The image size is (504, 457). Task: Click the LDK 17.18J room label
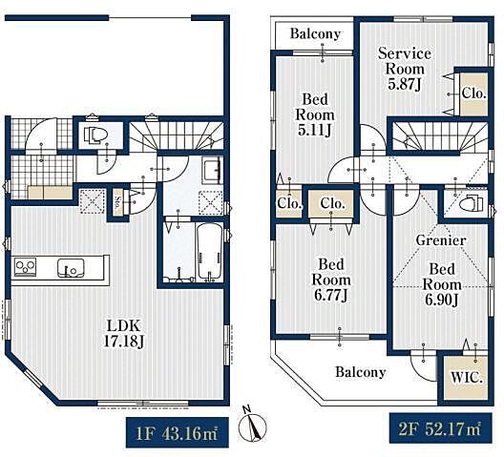pos(124,334)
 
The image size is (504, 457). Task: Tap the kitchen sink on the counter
pos(71,268)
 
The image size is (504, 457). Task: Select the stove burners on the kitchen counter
pos(25,267)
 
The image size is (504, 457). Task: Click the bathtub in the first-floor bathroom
pos(209,252)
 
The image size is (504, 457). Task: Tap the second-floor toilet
pos(471,203)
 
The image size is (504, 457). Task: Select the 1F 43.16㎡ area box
pos(178,432)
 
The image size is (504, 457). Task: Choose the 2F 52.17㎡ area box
pos(440,428)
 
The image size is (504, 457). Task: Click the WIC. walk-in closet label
pos(467,377)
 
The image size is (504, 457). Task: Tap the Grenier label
pos(441,240)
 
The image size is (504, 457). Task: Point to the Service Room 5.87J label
pos(405,69)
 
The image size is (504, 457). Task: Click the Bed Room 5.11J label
pos(315,114)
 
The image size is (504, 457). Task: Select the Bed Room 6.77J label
pos(331,280)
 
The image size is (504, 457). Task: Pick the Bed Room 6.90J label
pos(442,284)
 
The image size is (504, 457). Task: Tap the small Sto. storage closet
pos(118,202)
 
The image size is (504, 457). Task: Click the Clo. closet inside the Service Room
pos(473,93)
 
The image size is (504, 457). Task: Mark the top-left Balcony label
pos(315,33)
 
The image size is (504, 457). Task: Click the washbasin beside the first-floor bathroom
pos(212,170)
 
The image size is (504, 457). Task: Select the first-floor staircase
pos(177,135)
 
